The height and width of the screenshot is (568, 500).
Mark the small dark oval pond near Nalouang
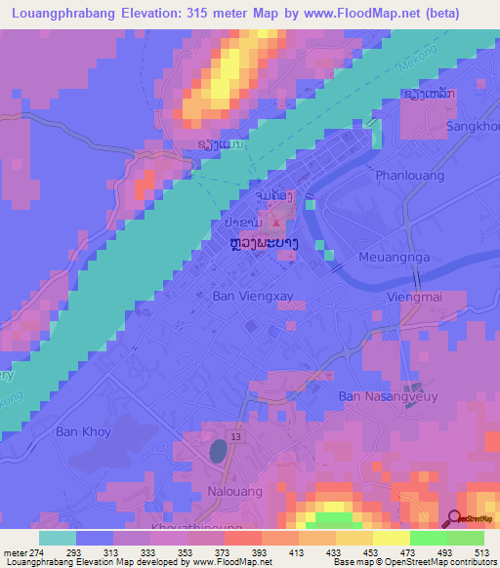(220, 450)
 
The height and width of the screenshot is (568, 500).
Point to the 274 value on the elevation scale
(32, 552)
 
